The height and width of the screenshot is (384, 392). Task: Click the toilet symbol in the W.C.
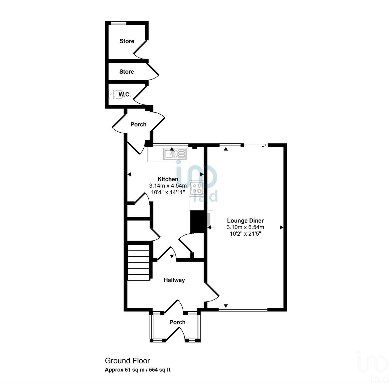(114, 94)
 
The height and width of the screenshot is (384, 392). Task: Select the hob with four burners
(196, 188)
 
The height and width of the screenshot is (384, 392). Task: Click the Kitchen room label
(168, 179)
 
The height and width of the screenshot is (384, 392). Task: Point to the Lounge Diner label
(245, 221)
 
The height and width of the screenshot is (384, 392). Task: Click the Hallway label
(174, 280)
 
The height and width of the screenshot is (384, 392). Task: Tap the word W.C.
(124, 95)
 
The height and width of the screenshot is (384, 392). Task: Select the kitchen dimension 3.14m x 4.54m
(168, 186)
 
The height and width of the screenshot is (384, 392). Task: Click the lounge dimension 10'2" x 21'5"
(245, 233)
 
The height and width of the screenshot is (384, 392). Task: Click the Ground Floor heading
(127, 361)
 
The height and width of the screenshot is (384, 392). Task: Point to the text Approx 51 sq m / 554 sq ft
(138, 370)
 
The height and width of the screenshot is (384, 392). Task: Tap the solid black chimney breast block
(197, 222)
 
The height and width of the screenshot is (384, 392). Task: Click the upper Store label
(127, 41)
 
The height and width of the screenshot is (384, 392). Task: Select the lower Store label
(126, 72)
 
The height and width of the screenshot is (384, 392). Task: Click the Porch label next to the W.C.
(138, 124)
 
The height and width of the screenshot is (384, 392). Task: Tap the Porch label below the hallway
(177, 322)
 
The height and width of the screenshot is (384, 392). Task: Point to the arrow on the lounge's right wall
(281, 227)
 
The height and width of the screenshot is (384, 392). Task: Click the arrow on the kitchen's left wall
(129, 174)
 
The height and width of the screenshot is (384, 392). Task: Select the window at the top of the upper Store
(119, 23)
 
